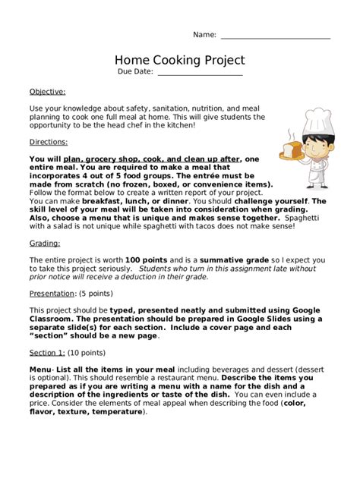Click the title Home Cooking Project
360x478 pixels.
[x=180, y=60]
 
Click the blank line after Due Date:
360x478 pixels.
[x=199, y=73]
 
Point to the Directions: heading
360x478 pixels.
[x=49, y=142]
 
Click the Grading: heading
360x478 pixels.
[x=45, y=244]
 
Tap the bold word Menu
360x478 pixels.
[x=41, y=367]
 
